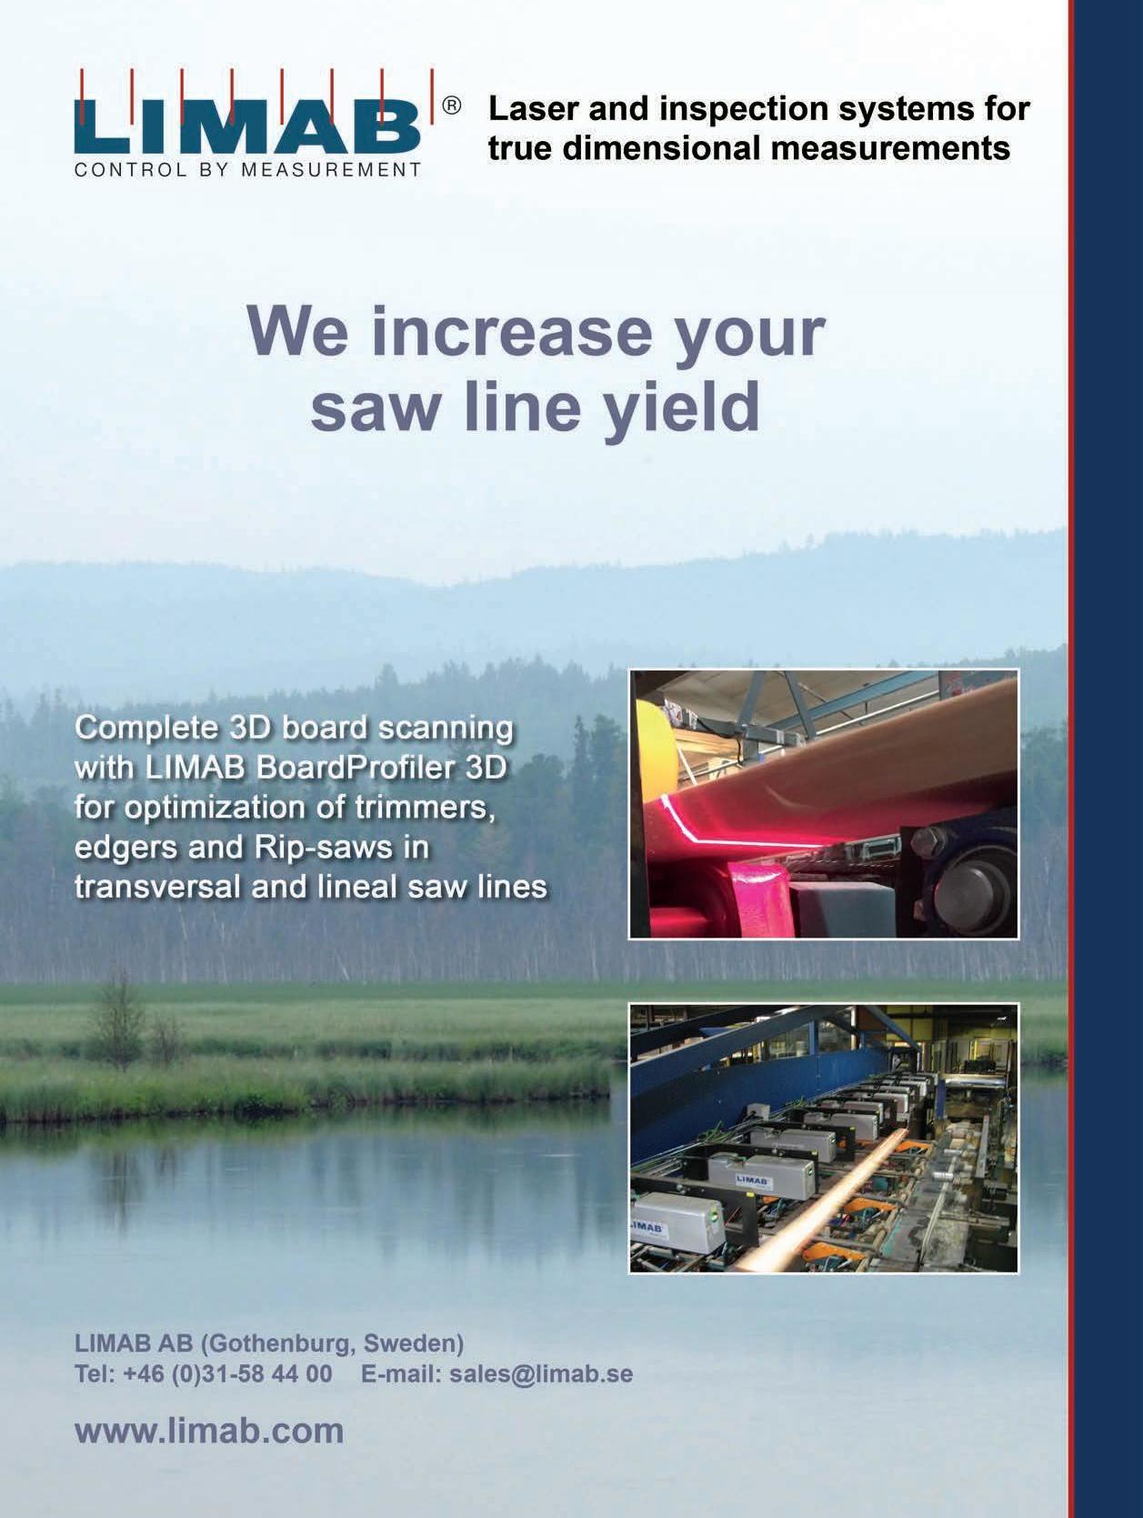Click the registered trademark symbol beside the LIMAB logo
(x=451, y=106)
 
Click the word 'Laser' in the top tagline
(x=533, y=109)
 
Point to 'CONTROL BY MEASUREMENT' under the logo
(x=247, y=170)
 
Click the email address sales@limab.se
(x=541, y=1373)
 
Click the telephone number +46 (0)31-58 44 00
(x=227, y=1373)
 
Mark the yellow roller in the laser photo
(x=654, y=762)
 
